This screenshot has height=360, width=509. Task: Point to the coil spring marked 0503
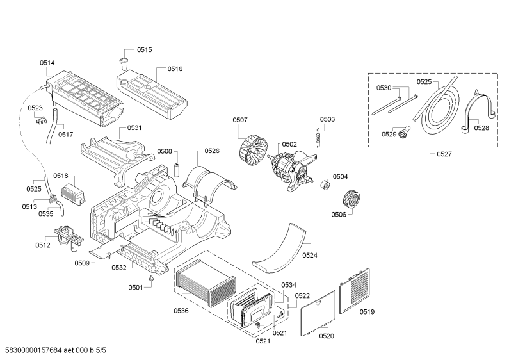(x=318, y=136)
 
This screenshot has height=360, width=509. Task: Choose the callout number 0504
(x=340, y=176)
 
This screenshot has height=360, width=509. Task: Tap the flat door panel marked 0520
(x=318, y=313)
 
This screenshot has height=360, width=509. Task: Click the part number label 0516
(x=175, y=69)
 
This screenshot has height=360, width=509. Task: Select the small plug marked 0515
(x=124, y=63)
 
